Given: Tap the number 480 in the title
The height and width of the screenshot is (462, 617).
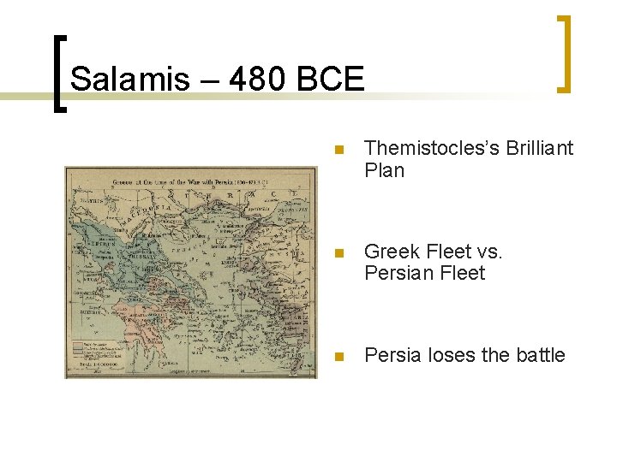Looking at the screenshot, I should point(248,80).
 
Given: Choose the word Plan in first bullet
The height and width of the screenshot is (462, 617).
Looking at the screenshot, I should point(384,170).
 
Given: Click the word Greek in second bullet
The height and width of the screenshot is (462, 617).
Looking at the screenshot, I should point(392,252).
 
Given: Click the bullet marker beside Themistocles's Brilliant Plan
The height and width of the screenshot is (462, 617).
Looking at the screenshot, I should point(339,150).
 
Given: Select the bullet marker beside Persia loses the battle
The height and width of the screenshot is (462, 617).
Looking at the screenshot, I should point(339,356).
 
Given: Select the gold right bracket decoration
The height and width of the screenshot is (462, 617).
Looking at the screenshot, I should point(564,53).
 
